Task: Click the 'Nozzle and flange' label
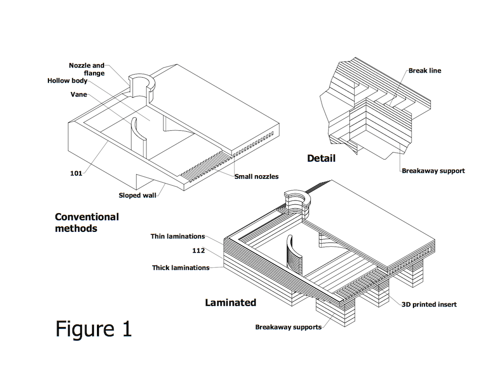point(86,69)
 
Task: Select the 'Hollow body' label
point(67,81)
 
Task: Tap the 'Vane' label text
point(78,94)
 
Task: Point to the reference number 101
point(76,174)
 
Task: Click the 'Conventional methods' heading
point(86,222)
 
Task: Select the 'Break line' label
point(424,71)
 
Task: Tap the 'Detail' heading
point(321,158)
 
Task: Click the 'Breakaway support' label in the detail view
point(433,171)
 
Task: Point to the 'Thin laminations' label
point(177,236)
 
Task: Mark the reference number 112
point(198,250)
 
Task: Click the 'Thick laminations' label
point(180,268)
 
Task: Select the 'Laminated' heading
point(230,302)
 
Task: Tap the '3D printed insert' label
point(429,304)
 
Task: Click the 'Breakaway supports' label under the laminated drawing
point(288,327)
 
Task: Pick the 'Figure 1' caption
point(93,328)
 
